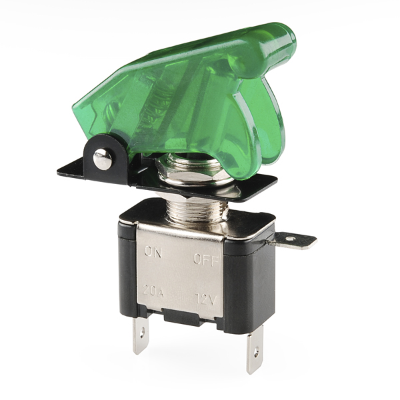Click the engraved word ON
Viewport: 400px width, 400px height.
[x=153, y=252]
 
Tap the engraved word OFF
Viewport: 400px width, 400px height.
[x=206, y=259]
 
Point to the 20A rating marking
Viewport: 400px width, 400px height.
[x=153, y=291]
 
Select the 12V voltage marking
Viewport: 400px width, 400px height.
[x=205, y=299]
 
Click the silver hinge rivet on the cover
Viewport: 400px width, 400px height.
[x=102, y=159]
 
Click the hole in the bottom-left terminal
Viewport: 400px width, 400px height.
[x=142, y=333]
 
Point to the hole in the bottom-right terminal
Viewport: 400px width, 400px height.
[x=257, y=351]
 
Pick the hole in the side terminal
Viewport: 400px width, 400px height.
[x=290, y=239]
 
